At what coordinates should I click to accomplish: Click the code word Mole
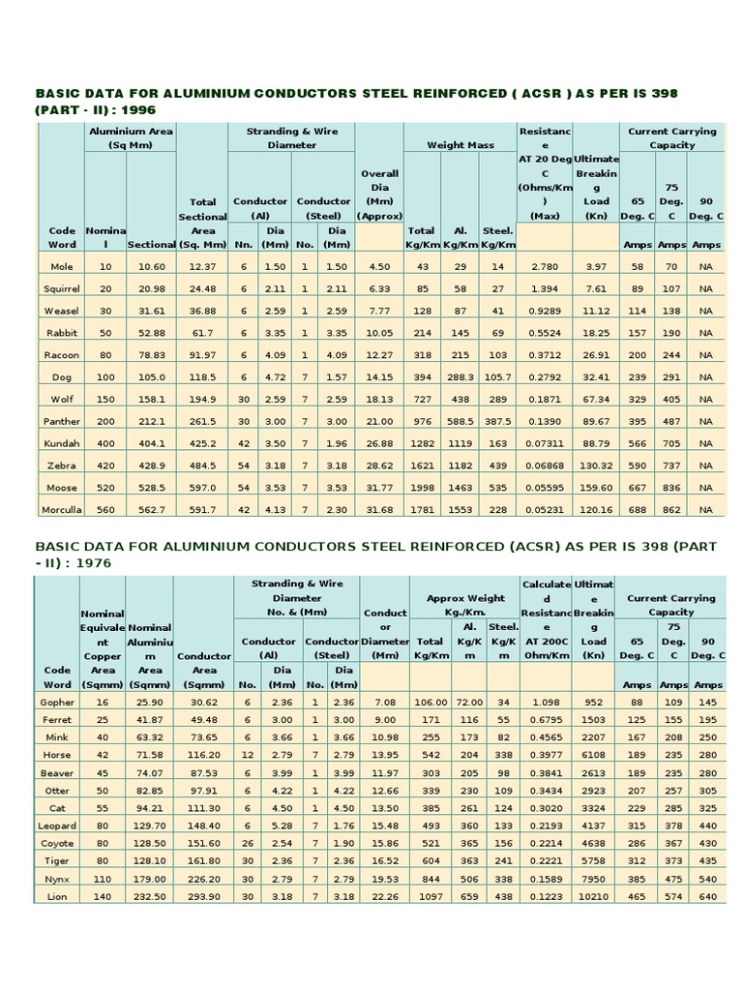[x=58, y=266]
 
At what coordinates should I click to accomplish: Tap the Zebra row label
[x=58, y=465]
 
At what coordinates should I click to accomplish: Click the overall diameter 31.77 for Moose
[x=379, y=487]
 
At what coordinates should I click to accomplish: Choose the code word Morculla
[x=58, y=509]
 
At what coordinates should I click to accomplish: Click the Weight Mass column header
[x=461, y=145]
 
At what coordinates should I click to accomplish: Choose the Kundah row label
[x=58, y=442]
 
